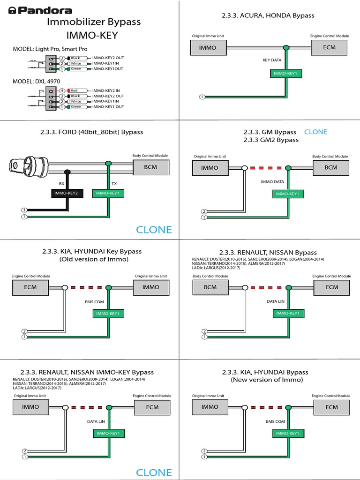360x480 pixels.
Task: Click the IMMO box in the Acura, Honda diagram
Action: coord(208,47)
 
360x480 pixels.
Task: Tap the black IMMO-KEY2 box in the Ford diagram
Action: coord(67,193)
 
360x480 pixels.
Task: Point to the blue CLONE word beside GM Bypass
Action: coord(315,132)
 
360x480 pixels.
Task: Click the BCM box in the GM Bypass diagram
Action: coord(331,167)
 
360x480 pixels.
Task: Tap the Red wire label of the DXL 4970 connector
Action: coord(75,90)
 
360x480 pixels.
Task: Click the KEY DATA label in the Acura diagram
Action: coord(272,60)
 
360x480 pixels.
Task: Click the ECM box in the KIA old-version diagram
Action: coord(30,287)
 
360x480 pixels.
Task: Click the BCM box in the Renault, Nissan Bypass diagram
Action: coord(210,287)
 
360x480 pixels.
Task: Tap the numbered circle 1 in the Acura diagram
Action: coord(202,97)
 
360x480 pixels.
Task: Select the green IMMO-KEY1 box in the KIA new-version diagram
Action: coord(287,434)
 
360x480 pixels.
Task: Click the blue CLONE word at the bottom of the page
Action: coord(154,472)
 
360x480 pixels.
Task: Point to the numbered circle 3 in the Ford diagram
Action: coord(24,210)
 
